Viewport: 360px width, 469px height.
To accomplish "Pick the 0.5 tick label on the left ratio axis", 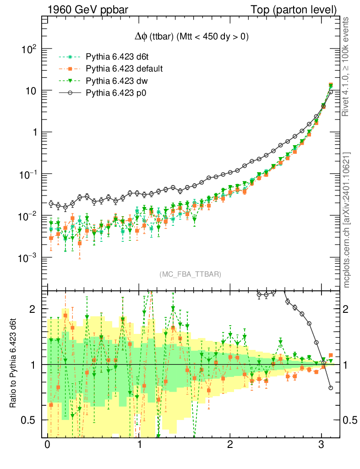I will pyautogui.click(x=28, y=420).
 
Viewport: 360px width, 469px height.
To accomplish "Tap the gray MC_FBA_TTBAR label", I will pyautogui.click(x=190, y=274).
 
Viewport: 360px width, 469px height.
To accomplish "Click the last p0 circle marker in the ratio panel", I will pyautogui.click(x=331, y=388).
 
